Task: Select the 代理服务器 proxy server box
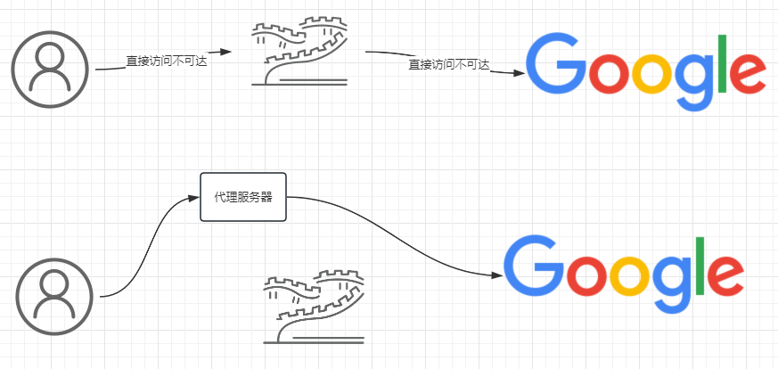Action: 243,197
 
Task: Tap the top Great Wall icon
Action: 299,53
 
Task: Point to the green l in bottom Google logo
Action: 701,265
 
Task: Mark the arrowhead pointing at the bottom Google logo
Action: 495,276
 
